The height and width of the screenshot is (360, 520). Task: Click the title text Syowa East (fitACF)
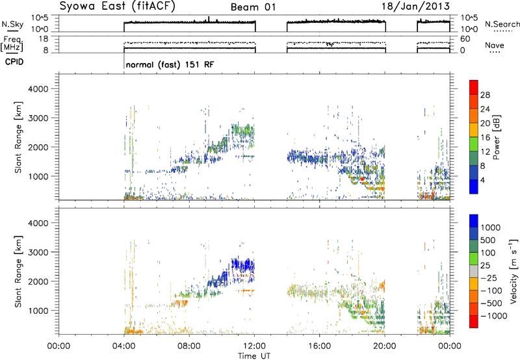coord(118,6)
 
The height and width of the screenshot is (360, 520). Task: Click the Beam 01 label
coord(253,7)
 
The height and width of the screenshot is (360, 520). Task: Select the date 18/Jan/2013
coord(415,6)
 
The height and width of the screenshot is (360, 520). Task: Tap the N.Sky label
coord(12,24)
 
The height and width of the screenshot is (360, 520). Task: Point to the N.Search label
coord(502,24)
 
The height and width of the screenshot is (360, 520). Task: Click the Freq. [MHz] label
coord(12,44)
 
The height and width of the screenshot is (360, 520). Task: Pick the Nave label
coord(495,45)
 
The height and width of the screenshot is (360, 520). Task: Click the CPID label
coord(14,62)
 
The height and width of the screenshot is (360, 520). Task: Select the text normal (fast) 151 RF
coord(170,64)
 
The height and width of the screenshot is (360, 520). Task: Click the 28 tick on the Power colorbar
coord(485,95)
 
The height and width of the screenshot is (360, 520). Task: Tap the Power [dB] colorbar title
coord(497,137)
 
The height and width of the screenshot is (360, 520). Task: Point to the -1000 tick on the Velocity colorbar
coord(494,316)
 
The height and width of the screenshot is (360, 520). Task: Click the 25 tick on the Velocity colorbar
coord(486,266)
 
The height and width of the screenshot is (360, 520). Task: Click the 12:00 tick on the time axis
coord(254,346)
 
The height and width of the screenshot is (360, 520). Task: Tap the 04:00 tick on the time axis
coord(124,346)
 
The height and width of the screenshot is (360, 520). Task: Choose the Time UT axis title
coord(254,356)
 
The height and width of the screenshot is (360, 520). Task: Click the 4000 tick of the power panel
coord(38,89)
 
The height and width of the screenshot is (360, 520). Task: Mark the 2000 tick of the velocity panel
coord(38,281)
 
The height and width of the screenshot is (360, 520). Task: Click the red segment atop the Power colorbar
coord(474,87)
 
